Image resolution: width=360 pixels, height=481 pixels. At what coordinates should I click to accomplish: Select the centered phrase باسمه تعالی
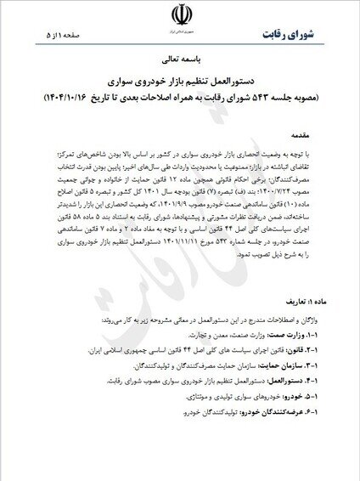tap(180, 62)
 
